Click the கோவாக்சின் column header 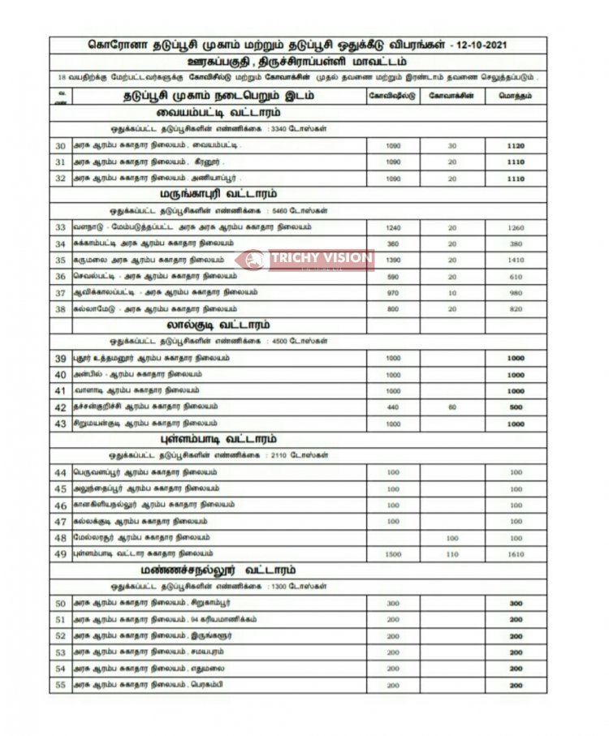(452, 96)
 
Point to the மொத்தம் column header (516, 96)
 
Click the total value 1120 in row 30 (516, 146)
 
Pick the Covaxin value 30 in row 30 (452, 146)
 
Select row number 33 (60, 228)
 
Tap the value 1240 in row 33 (394, 228)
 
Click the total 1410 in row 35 (516, 260)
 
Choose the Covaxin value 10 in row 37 (452, 292)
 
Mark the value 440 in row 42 (394, 407)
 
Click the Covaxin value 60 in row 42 (452, 407)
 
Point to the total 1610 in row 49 (516, 553)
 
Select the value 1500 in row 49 (394, 553)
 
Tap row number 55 (60, 685)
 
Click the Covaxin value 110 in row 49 (452, 553)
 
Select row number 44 (60, 472)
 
